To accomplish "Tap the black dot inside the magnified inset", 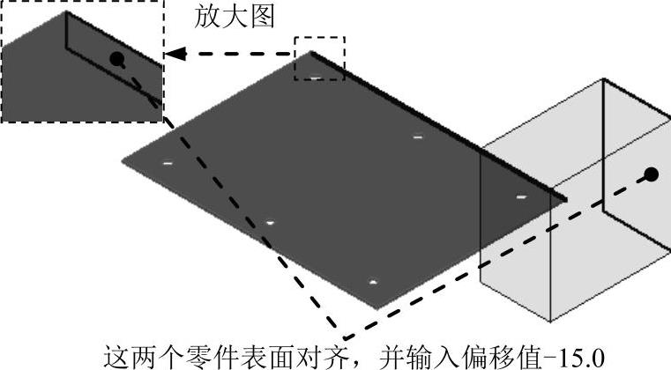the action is (x=116, y=59).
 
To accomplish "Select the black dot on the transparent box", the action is (x=651, y=174).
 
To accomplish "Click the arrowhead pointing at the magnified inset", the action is (x=176, y=54).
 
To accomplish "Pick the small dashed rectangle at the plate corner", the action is (x=319, y=58).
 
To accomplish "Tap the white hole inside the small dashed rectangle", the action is (x=315, y=78).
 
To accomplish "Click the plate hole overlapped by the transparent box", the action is (x=521, y=196).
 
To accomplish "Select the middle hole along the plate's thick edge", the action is (x=418, y=137).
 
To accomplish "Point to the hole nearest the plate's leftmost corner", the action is (x=167, y=163).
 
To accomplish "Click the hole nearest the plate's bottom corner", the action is (x=373, y=283).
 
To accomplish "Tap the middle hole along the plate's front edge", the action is (x=270, y=223).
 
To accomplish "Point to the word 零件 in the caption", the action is (x=206, y=357).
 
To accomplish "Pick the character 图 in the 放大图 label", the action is (x=263, y=18).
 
